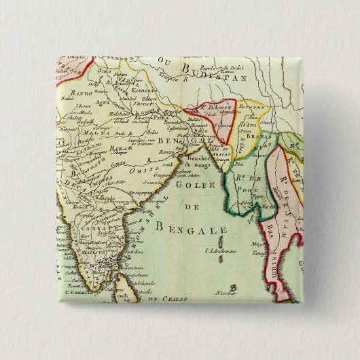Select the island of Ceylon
click(123, 279)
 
